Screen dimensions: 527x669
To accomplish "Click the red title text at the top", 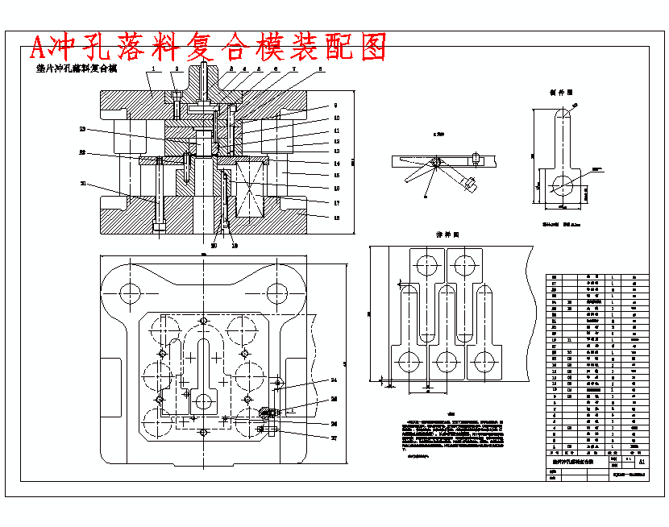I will (208, 48).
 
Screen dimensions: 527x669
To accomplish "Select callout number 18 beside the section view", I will (336, 218).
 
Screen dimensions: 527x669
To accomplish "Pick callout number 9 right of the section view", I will (336, 106).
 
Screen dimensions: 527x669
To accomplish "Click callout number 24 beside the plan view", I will (334, 379).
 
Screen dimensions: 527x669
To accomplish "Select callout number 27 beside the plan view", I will (334, 438).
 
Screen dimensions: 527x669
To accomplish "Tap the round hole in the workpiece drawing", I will (563, 185).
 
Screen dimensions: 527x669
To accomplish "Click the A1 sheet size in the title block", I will (641, 463).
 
